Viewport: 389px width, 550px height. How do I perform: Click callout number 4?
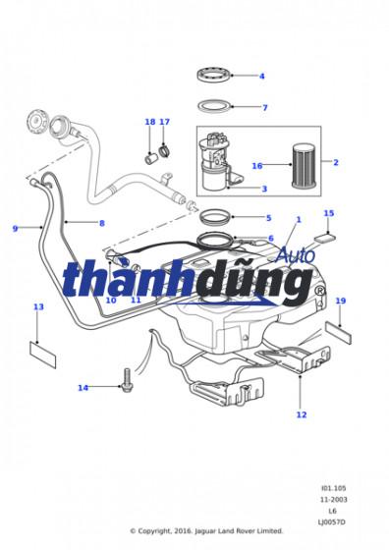point(261,76)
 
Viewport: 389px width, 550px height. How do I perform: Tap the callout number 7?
point(264,107)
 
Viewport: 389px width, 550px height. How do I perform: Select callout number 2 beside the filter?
point(335,162)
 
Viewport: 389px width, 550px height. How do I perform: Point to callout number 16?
point(257,166)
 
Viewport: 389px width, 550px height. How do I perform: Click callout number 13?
point(38,307)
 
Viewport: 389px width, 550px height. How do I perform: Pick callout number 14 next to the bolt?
point(83,388)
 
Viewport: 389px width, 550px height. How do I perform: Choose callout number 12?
point(302,414)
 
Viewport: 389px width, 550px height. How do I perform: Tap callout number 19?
point(341,302)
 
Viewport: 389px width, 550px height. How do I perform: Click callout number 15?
point(329,213)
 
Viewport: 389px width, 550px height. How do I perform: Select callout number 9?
point(15,229)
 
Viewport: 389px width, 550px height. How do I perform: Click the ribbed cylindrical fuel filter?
point(301,164)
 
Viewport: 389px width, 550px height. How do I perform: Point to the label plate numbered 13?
point(42,350)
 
